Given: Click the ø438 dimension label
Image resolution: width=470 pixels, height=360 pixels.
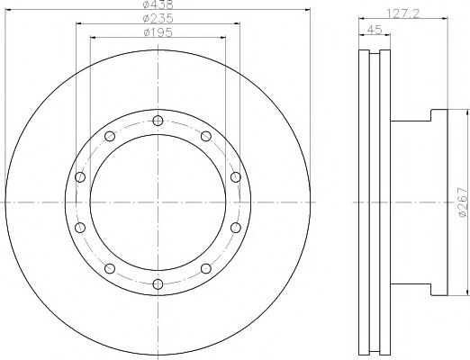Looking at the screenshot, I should (158, 5).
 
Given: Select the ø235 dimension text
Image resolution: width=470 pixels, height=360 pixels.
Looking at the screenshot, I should (158, 20).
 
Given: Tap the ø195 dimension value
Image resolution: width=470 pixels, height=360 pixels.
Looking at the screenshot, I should (158, 34).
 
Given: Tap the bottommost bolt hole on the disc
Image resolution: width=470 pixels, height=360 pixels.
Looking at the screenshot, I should (158, 283).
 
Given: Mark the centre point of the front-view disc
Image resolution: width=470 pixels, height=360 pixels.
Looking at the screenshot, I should (158, 202).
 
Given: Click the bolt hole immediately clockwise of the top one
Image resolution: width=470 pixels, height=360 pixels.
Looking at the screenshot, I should (205, 136).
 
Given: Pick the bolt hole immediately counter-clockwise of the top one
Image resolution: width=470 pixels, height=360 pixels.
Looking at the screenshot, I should (110, 136).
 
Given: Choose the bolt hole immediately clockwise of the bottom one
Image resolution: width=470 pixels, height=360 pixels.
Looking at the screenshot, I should (110, 268).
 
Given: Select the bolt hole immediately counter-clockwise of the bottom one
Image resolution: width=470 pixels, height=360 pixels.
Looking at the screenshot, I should (205, 268).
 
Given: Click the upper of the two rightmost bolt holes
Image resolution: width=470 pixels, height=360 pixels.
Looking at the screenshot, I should (235, 177).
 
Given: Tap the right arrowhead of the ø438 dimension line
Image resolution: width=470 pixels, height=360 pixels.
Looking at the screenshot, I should (308, 12).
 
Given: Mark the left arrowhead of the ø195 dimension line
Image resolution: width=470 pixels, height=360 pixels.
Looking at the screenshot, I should (94, 40).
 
